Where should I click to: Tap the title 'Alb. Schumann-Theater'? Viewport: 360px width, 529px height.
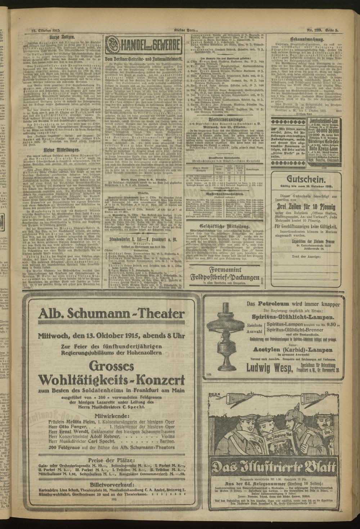point(111,314)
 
